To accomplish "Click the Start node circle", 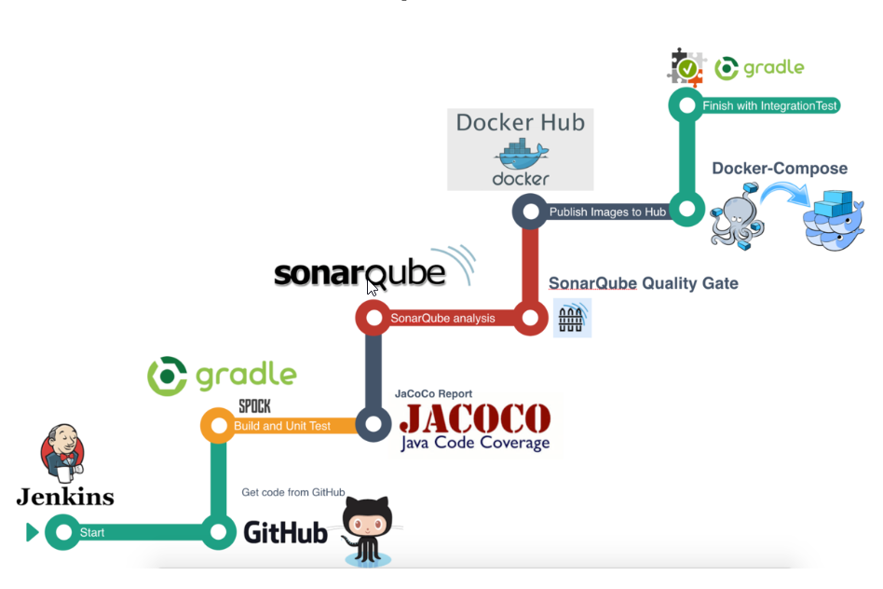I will tap(63, 533).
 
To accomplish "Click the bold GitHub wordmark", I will tap(285, 532).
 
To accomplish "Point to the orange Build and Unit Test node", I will tap(218, 426).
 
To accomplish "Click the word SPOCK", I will tap(255, 406).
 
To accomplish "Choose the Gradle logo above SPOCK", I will tap(222, 376).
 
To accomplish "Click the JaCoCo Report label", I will tap(433, 394).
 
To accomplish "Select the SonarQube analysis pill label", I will tap(442, 319).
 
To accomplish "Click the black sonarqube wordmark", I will tap(360, 272).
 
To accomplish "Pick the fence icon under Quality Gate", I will tap(571, 319).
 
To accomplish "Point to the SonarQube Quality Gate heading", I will tap(643, 283).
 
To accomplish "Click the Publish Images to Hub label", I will tap(607, 212).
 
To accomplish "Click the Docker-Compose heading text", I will tap(780, 169).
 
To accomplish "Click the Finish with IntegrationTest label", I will tap(770, 105).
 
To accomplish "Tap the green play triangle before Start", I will tap(33, 533).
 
